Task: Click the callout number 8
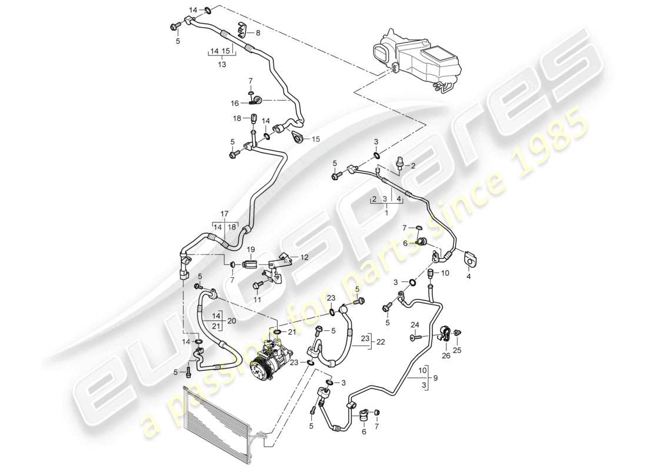(x=257, y=33)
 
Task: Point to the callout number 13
(x=222, y=65)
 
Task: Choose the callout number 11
(x=256, y=300)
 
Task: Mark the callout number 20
(x=231, y=321)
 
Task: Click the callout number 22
(x=380, y=342)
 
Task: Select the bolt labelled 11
(x=256, y=286)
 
